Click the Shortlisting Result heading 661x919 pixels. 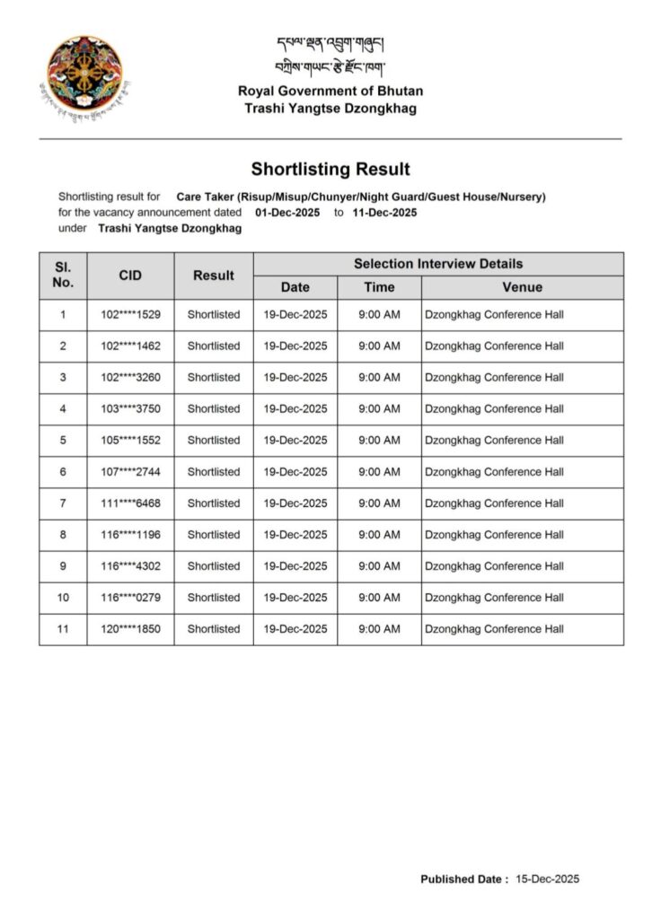point(330,169)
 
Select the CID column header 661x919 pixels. point(130,276)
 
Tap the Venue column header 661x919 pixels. point(522,287)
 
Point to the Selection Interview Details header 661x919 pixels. point(437,264)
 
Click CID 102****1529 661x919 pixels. point(130,315)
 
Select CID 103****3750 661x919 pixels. point(130,409)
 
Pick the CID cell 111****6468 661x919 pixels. point(130,503)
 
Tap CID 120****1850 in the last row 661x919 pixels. point(130,629)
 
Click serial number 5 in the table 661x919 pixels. point(63,441)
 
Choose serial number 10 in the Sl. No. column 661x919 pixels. point(63,598)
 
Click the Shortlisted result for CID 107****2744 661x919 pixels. point(214,472)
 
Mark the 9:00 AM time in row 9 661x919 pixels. point(379,566)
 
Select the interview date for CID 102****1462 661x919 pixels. point(295,346)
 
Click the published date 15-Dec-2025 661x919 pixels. point(547,880)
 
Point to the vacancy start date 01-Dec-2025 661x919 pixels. point(287,213)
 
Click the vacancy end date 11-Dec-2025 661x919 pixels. point(384,213)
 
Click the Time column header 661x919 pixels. point(379,287)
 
